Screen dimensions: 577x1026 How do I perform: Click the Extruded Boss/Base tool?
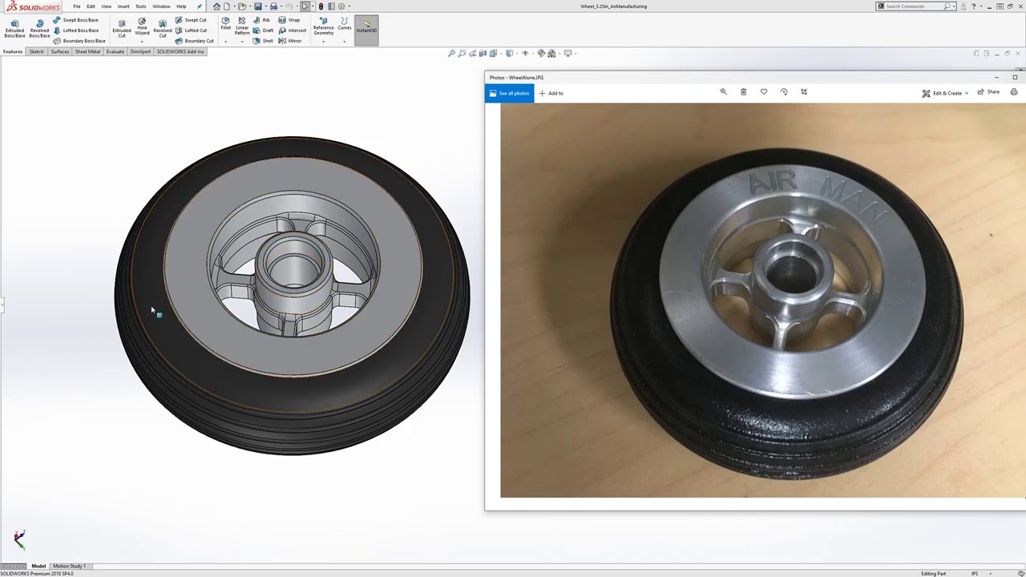(x=14, y=28)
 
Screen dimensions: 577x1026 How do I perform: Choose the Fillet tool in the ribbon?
(x=225, y=24)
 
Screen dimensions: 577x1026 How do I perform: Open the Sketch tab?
(x=36, y=51)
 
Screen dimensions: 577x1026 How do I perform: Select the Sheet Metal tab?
(x=87, y=51)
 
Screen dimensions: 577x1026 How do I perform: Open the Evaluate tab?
(x=115, y=51)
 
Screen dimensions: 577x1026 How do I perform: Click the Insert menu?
(x=123, y=6)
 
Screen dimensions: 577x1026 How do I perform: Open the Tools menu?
(x=140, y=6)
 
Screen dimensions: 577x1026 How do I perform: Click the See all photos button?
(x=509, y=93)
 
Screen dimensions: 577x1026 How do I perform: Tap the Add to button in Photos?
(x=551, y=93)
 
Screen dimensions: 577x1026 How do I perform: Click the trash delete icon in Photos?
(x=743, y=92)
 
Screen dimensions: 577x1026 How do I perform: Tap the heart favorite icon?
(x=763, y=92)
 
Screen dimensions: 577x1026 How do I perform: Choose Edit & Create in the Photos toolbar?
(x=945, y=93)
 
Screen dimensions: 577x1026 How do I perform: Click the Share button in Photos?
(x=988, y=92)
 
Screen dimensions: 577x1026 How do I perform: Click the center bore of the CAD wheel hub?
(x=295, y=268)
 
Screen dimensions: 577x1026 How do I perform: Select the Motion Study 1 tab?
(x=69, y=566)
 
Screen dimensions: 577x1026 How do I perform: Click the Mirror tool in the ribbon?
(x=291, y=41)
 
